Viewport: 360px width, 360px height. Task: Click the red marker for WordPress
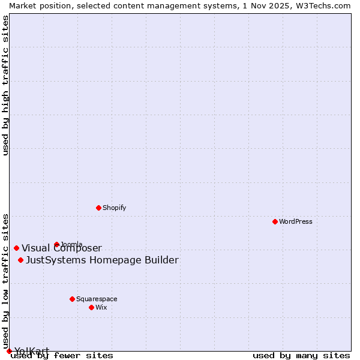(275, 221)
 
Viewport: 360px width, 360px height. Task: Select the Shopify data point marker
(98, 208)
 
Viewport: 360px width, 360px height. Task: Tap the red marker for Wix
(91, 307)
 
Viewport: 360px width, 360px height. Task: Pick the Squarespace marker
(72, 299)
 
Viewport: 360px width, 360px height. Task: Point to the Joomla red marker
(56, 244)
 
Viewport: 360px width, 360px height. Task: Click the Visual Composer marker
(16, 248)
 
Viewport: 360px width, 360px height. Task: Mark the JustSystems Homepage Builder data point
(20, 260)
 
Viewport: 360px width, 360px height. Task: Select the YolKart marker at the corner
(9, 351)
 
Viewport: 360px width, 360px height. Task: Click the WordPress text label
(296, 221)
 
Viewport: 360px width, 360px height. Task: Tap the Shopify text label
(114, 208)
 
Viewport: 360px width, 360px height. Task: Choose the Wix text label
(101, 307)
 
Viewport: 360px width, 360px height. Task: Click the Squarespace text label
(97, 299)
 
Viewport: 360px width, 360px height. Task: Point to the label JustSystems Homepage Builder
(102, 260)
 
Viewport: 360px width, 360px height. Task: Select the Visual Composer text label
(62, 248)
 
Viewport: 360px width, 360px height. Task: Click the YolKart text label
(32, 351)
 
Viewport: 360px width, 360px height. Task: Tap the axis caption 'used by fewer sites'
(62, 356)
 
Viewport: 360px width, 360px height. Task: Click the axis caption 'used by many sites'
(301, 356)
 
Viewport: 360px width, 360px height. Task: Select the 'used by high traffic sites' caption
(5, 85)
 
